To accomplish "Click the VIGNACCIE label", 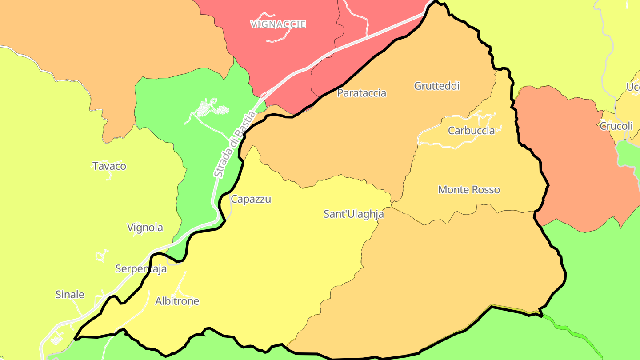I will pos(278,24).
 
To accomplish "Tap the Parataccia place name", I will pos(362,93).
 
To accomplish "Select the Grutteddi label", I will pos(436,86).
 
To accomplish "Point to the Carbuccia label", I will pos(471,130).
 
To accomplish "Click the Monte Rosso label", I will pos(469,189).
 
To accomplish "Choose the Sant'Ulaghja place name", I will pos(353,214).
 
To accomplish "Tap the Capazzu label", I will pos(251,199).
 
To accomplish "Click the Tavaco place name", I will pos(109,166).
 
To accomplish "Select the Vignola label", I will pos(145,227).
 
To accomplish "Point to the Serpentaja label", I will pos(141,268).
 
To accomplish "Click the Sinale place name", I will pos(70,294).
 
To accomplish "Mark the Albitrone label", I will pos(177,301).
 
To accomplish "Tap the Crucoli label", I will pos(616,126).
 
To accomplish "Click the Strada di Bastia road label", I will pos(234,144).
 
